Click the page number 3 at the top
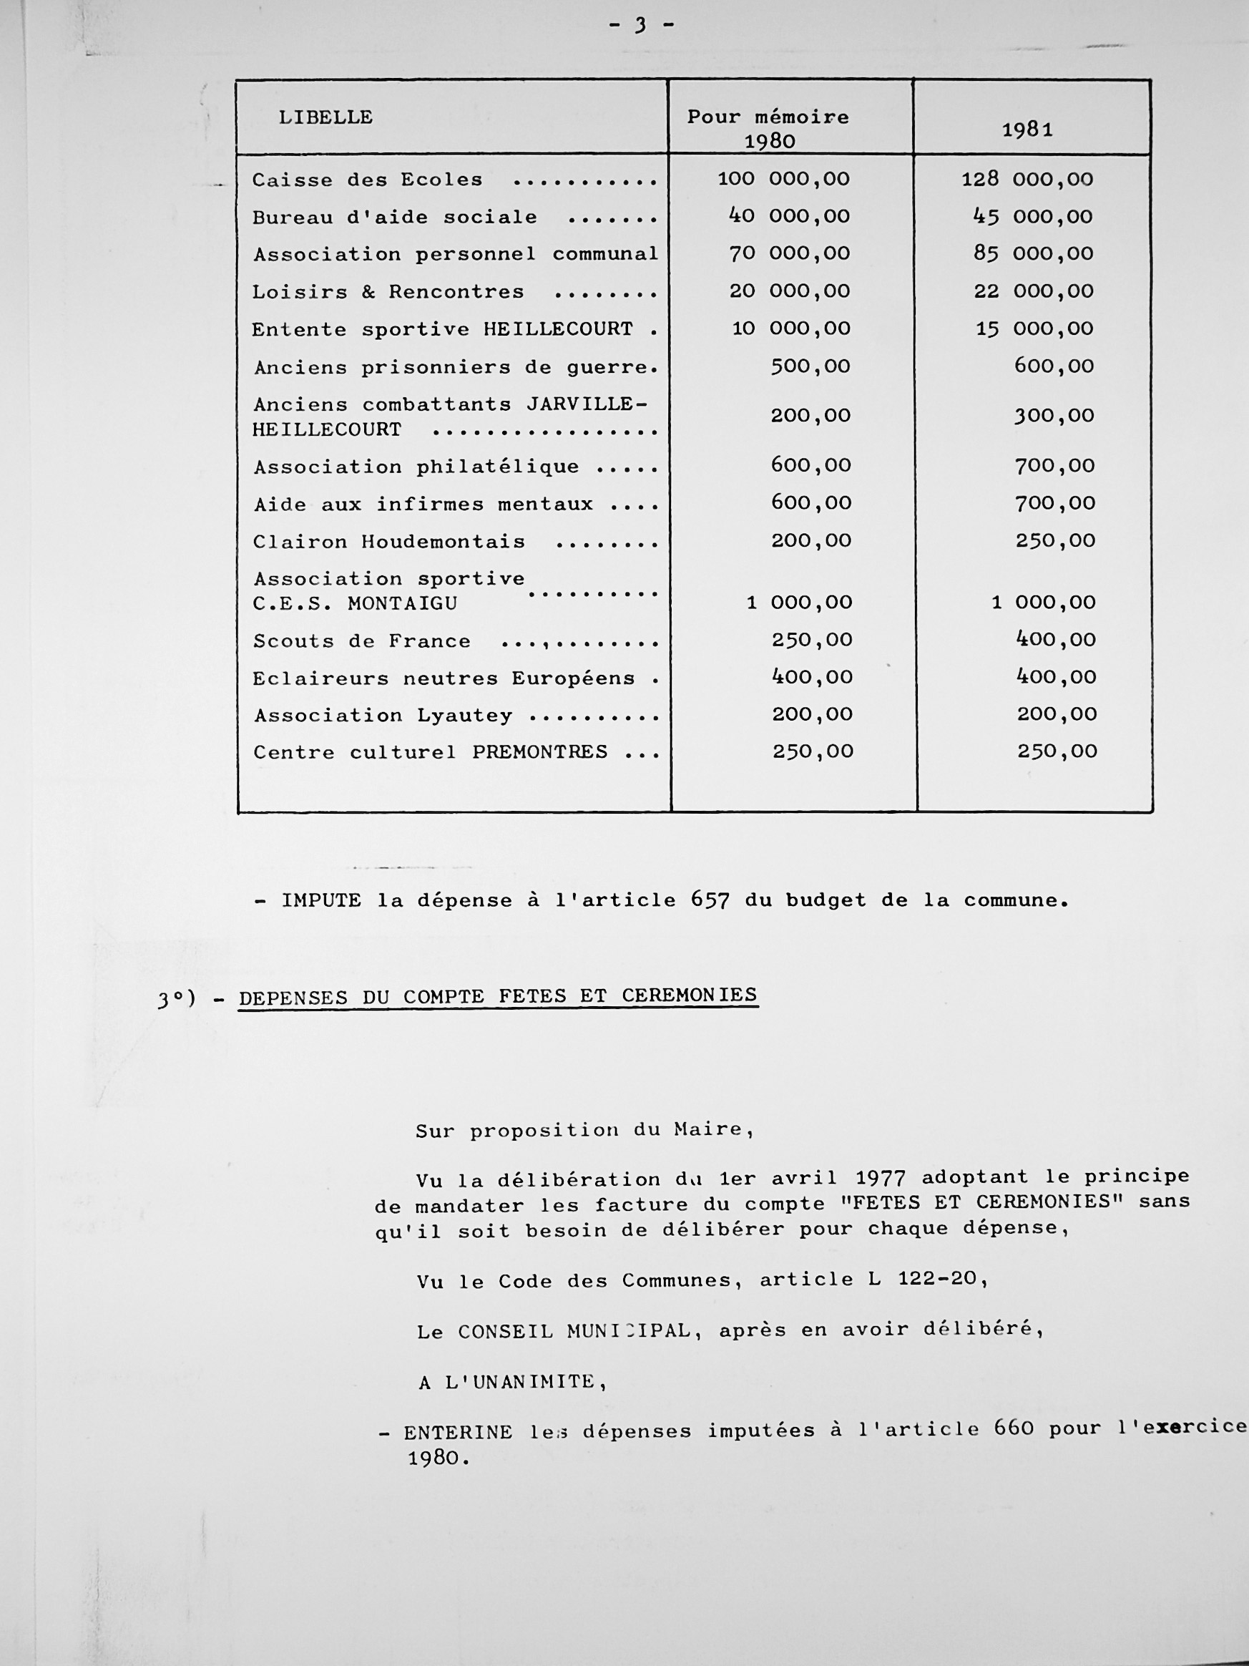[x=641, y=26]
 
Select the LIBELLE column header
[x=325, y=117]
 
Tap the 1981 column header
[x=1027, y=130]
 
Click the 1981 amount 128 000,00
[x=1027, y=179]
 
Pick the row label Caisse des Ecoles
[x=368, y=180]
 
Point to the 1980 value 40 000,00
[x=789, y=216]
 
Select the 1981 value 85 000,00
[x=1033, y=253]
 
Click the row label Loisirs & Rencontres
[x=388, y=292]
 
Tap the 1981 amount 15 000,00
[x=1034, y=328]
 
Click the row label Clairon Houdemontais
[x=388, y=542]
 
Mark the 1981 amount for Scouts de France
[x=1057, y=640]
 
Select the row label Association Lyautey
[x=383, y=715]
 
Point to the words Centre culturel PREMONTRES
[x=430, y=751]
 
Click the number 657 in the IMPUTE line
[x=710, y=900]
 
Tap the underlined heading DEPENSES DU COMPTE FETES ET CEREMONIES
[x=498, y=996]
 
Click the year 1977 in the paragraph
[x=880, y=1177]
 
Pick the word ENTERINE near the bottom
[x=458, y=1432]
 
